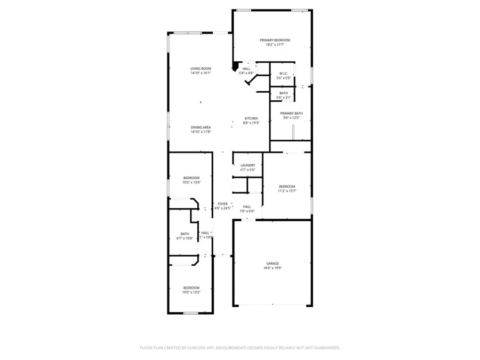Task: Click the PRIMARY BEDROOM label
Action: click(x=275, y=40)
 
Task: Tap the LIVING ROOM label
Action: click(x=201, y=68)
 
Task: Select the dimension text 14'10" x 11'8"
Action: click(x=201, y=132)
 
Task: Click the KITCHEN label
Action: click(x=251, y=118)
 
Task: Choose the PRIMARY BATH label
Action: click(x=292, y=113)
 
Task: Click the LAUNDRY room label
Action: click(x=248, y=165)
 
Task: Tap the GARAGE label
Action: click(x=273, y=263)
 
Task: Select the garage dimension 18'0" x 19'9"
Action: click(x=273, y=268)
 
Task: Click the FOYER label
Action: click(x=222, y=204)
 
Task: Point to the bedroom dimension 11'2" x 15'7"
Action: click(x=287, y=191)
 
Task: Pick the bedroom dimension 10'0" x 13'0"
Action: click(x=191, y=182)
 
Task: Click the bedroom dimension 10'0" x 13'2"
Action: click(x=191, y=292)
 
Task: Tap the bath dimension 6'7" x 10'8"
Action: click(x=185, y=238)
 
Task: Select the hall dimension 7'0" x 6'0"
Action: click(x=247, y=211)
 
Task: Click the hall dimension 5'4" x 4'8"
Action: click(x=246, y=73)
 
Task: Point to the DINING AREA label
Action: click(x=201, y=127)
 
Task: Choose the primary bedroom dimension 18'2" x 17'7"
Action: click(x=275, y=45)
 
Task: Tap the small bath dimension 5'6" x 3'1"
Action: click(x=283, y=98)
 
